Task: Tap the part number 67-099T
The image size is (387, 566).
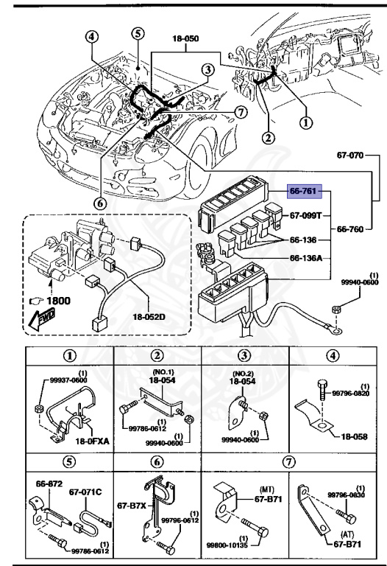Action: [x=306, y=217]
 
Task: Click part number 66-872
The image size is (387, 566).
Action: [x=49, y=483]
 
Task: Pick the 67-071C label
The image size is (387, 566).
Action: [x=85, y=489]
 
